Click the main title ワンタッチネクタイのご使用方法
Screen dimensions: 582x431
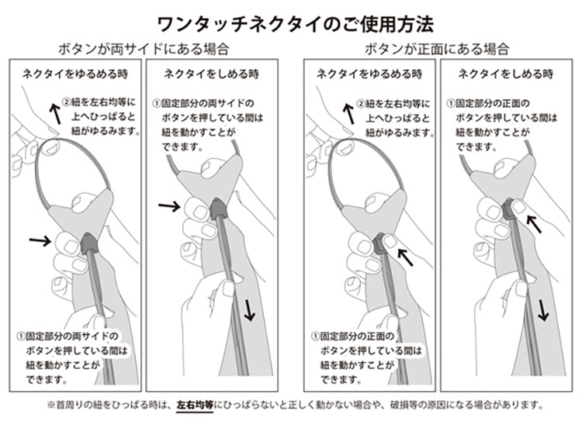click(x=296, y=25)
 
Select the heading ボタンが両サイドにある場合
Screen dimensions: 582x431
click(x=144, y=49)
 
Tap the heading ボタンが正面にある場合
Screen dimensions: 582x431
click(x=437, y=49)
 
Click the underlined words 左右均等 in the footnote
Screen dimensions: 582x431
click(x=195, y=405)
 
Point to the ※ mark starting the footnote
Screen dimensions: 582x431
click(x=51, y=405)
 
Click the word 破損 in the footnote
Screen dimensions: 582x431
click(x=399, y=405)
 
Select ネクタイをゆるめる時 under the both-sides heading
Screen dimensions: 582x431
click(x=75, y=74)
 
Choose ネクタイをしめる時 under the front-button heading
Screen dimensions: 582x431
click(x=505, y=74)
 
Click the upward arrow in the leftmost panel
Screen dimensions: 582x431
click(x=56, y=113)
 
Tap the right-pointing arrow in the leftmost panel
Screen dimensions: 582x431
click(x=40, y=241)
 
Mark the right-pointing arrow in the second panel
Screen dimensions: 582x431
click(x=169, y=206)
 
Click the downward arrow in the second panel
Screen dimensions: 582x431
click(x=248, y=310)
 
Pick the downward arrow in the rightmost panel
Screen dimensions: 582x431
click(x=542, y=310)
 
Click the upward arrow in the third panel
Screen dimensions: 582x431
click(x=349, y=113)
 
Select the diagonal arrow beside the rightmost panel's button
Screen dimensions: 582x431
click(x=534, y=224)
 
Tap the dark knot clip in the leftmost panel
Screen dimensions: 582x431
click(x=88, y=243)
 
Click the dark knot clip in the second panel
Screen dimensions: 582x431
click(x=218, y=209)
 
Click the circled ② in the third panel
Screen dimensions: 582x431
click(x=361, y=103)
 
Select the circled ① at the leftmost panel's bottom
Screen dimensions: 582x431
click(x=21, y=336)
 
